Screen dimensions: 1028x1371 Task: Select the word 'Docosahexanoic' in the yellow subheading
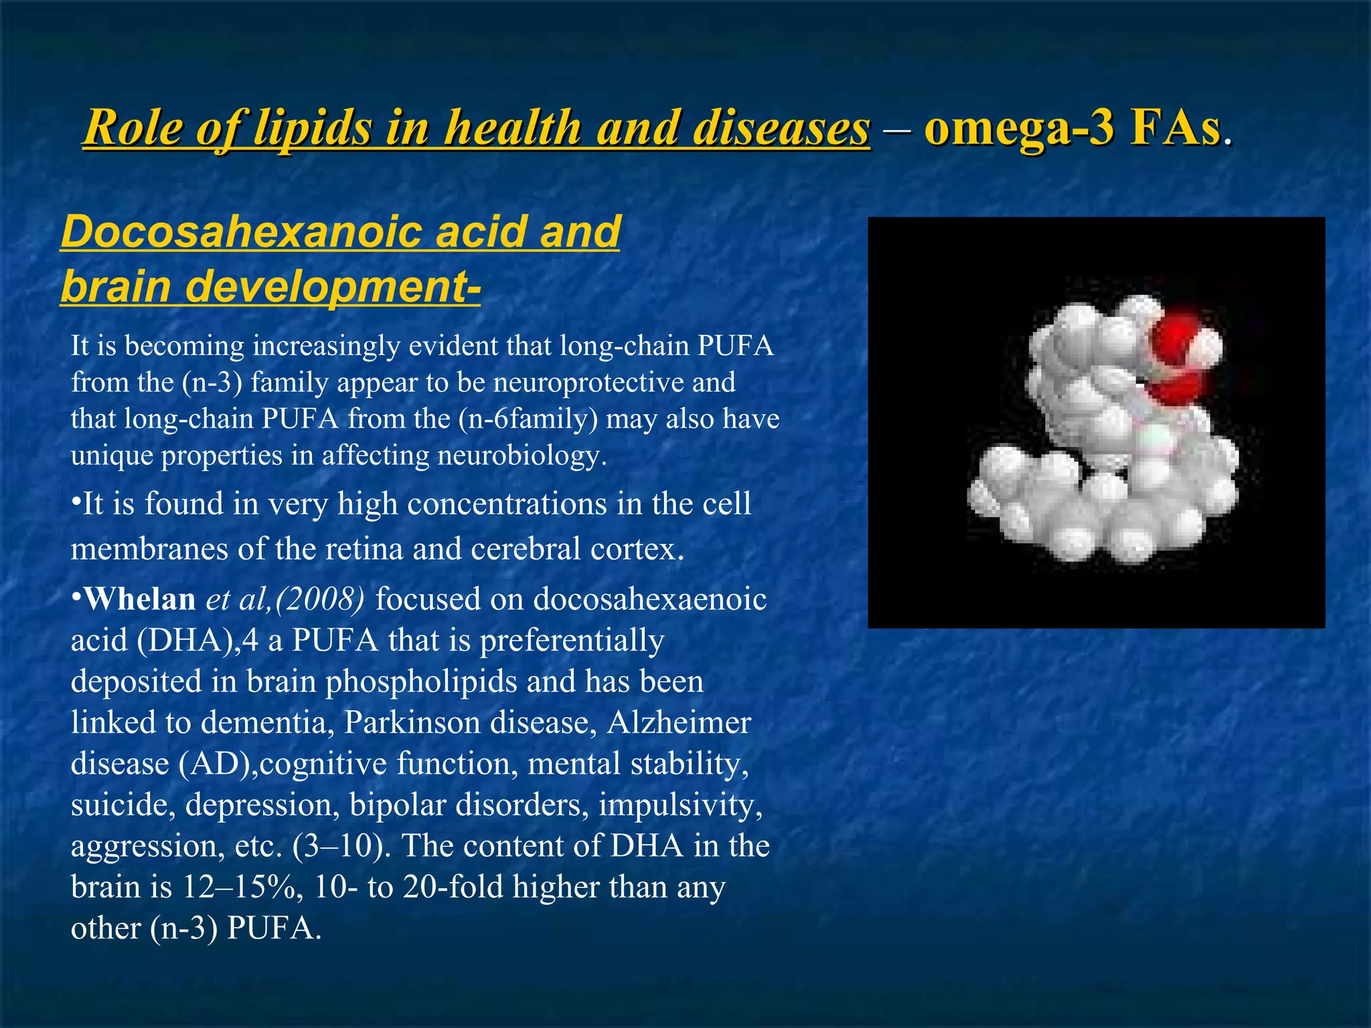242,232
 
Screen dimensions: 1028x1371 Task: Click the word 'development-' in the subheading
333,286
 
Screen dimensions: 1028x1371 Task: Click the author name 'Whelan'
140,599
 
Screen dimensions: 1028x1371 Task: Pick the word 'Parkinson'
400,722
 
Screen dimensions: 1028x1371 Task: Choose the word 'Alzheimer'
679,722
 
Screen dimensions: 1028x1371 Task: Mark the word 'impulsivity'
679,804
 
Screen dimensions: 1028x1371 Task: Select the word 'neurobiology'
521,456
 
